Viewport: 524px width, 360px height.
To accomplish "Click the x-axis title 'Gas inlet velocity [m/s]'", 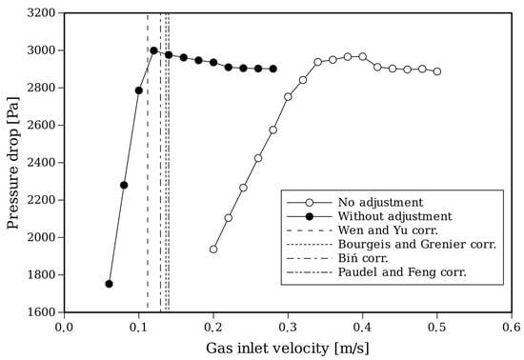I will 287,348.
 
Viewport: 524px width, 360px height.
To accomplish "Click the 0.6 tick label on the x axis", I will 512,326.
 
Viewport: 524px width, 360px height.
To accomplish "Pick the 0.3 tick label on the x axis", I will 288,326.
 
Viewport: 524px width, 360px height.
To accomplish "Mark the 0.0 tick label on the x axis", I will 64,326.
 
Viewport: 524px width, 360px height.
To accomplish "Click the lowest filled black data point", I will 109,284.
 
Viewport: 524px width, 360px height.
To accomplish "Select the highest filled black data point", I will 153,50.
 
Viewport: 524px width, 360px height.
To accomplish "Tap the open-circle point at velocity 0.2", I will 213,250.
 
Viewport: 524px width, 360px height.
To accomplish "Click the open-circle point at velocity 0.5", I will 437,71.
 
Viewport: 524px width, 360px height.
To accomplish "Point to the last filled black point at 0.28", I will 272,69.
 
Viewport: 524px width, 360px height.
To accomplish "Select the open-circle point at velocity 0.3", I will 288,97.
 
